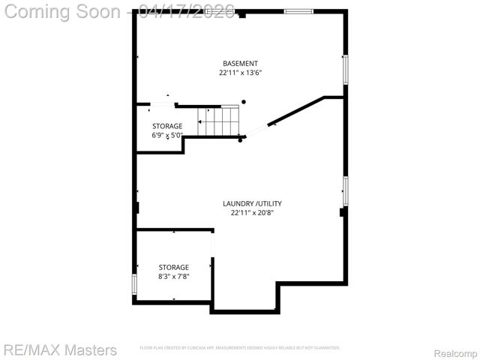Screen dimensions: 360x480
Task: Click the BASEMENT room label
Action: point(240,63)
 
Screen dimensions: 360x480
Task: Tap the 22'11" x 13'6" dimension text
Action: point(240,73)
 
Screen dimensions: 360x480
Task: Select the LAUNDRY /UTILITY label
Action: point(252,203)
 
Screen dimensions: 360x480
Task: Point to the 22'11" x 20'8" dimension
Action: point(252,213)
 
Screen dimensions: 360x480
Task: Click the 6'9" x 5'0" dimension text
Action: point(167,136)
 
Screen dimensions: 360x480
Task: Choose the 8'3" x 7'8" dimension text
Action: point(173,277)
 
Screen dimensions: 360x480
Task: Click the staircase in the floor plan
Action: point(218,120)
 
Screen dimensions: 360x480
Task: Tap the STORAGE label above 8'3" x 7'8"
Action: point(173,267)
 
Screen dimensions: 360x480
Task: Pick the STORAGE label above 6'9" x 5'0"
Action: point(167,126)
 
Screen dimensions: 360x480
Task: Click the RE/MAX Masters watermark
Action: point(60,349)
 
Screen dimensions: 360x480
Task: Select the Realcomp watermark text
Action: point(456,352)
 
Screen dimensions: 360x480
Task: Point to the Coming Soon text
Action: point(63,11)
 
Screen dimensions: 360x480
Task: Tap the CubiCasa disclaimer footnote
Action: point(240,348)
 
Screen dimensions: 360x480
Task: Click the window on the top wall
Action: point(298,11)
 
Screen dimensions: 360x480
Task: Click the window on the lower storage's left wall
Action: point(134,284)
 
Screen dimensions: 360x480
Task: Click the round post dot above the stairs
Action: point(243,102)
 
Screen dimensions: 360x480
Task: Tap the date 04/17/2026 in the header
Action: point(187,11)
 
